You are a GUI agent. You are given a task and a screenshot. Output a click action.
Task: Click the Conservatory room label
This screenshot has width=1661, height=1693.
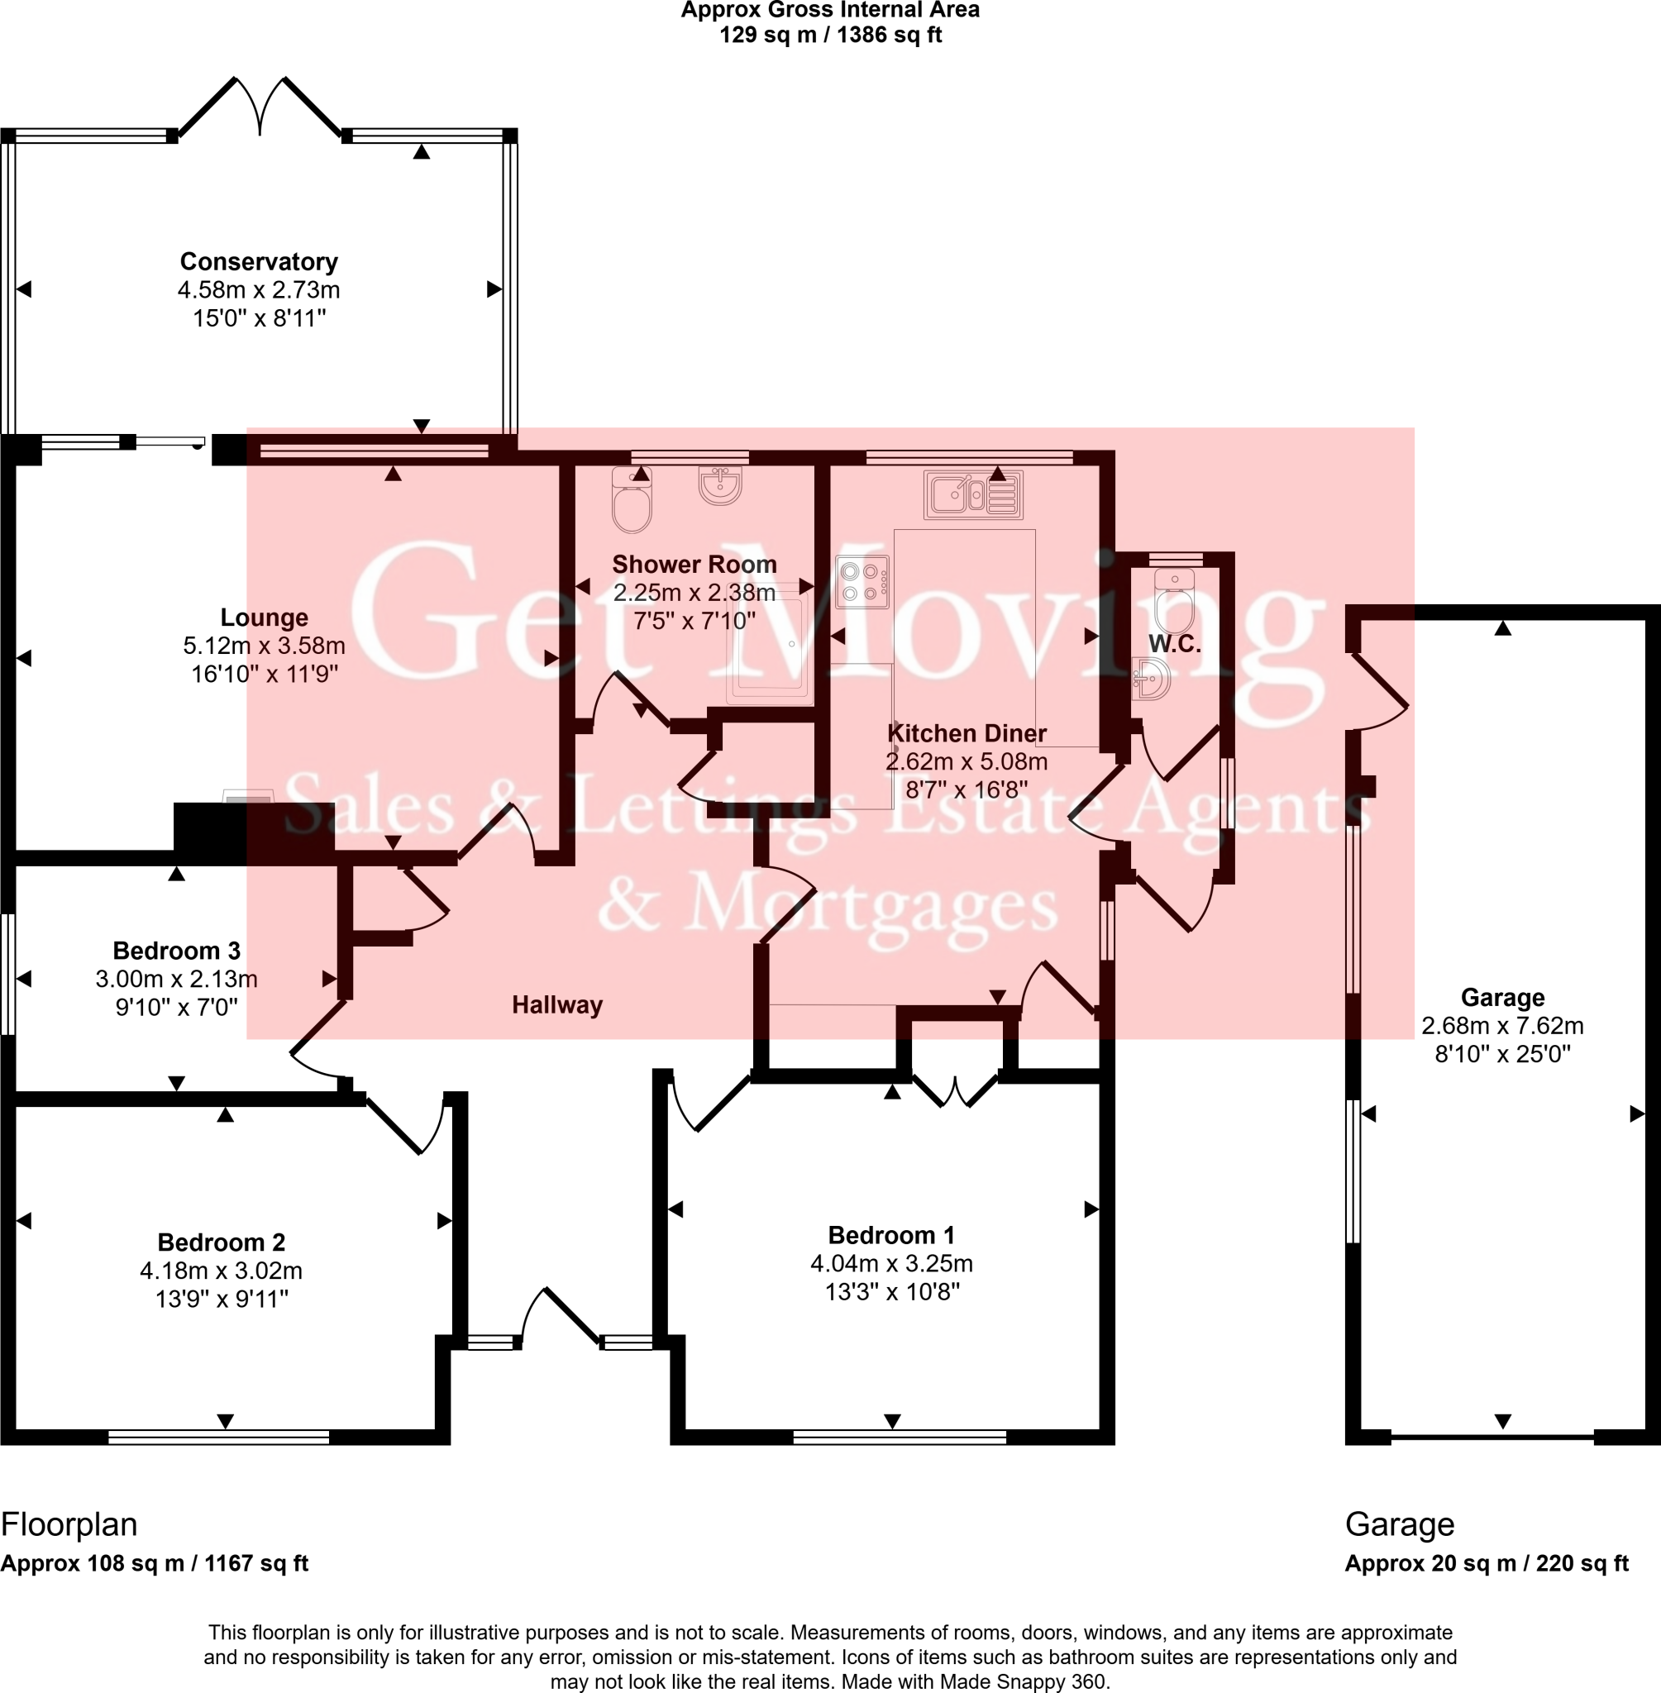[258, 262]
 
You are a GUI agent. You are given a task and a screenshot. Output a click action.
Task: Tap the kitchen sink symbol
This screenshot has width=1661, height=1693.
[972, 495]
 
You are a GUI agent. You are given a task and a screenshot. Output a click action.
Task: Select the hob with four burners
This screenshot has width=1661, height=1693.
[862, 582]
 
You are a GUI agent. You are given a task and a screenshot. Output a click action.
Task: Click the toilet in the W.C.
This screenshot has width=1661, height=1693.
[1173, 602]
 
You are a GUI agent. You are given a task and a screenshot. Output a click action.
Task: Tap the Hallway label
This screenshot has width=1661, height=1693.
[556, 1005]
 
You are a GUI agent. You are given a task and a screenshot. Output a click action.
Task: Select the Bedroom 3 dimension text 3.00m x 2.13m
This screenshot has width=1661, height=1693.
[176, 979]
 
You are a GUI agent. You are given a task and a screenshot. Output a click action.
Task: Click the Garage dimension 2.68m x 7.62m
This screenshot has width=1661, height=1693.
[1502, 1026]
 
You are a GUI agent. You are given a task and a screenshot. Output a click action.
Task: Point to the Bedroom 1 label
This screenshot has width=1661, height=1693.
[890, 1235]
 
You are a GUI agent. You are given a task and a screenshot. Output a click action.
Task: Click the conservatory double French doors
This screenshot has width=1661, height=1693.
[260, 109]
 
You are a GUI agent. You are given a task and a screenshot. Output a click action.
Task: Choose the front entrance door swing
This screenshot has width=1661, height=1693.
[558, 1318]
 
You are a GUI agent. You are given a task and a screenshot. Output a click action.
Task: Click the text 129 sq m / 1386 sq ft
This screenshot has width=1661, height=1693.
[829, 36]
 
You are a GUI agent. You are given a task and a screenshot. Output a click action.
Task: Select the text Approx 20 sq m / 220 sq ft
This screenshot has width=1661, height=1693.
[1486, 1563]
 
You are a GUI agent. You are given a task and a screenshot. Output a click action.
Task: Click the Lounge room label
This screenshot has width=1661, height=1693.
[264, 618]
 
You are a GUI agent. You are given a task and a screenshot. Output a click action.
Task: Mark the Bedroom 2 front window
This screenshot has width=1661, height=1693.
[218, 1437]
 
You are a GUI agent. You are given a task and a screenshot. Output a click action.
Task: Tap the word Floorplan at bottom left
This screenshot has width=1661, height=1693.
[69, 1524]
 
